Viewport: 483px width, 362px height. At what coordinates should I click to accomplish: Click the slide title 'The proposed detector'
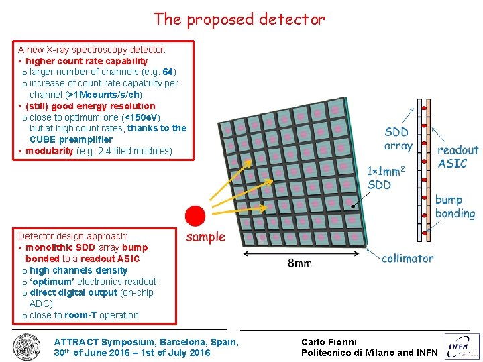click(239, 19)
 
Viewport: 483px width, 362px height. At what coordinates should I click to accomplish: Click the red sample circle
click(195, 216)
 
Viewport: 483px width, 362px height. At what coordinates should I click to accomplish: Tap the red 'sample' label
click(206, 237)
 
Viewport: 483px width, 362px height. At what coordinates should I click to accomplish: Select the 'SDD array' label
click(398, 139)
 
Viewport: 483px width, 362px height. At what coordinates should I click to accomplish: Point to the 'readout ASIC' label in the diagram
click(458, 157)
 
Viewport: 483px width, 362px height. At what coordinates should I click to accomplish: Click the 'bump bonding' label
click(455, 206)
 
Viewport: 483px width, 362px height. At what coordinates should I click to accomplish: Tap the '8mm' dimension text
click(299, 263)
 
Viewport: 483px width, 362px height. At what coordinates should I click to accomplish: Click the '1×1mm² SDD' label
click(386, 178)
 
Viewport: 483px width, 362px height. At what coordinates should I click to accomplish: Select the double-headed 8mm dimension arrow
click(300, 253)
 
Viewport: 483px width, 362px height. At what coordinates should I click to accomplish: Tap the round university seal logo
click(27, 347)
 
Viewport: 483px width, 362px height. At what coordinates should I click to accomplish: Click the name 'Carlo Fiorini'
click(329, 342)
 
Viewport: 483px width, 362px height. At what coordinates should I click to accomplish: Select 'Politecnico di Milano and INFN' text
click(369, 353)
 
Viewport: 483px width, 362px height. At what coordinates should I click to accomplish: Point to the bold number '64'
click(168, 72)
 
